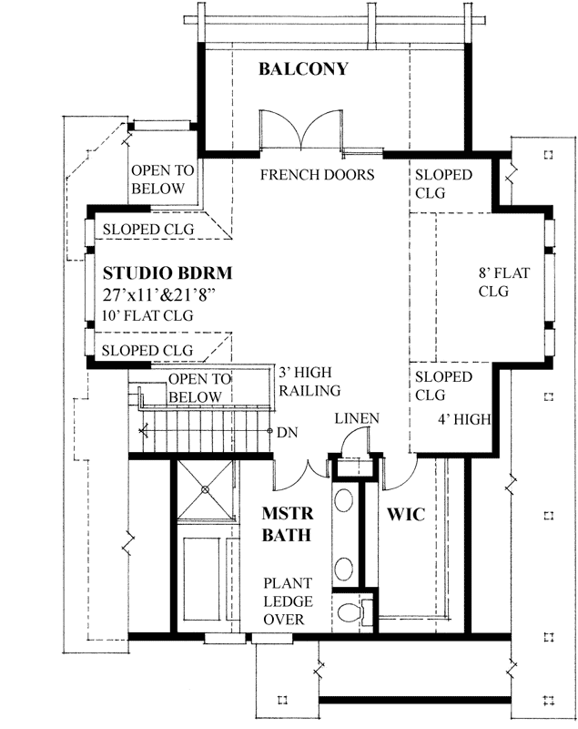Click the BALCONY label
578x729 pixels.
click(x=303, y=69)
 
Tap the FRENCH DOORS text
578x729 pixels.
click(x=317, y=174)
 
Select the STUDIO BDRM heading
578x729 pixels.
click(x=167, y=272)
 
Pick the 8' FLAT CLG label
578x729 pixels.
click(x=494, y=282)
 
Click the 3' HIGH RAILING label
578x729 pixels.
click(x=309, y=382)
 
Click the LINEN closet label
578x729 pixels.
click(x=357, y=417)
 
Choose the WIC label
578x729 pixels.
click(x=407, y=515)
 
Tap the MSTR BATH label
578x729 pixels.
click(x=289, y=525)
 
